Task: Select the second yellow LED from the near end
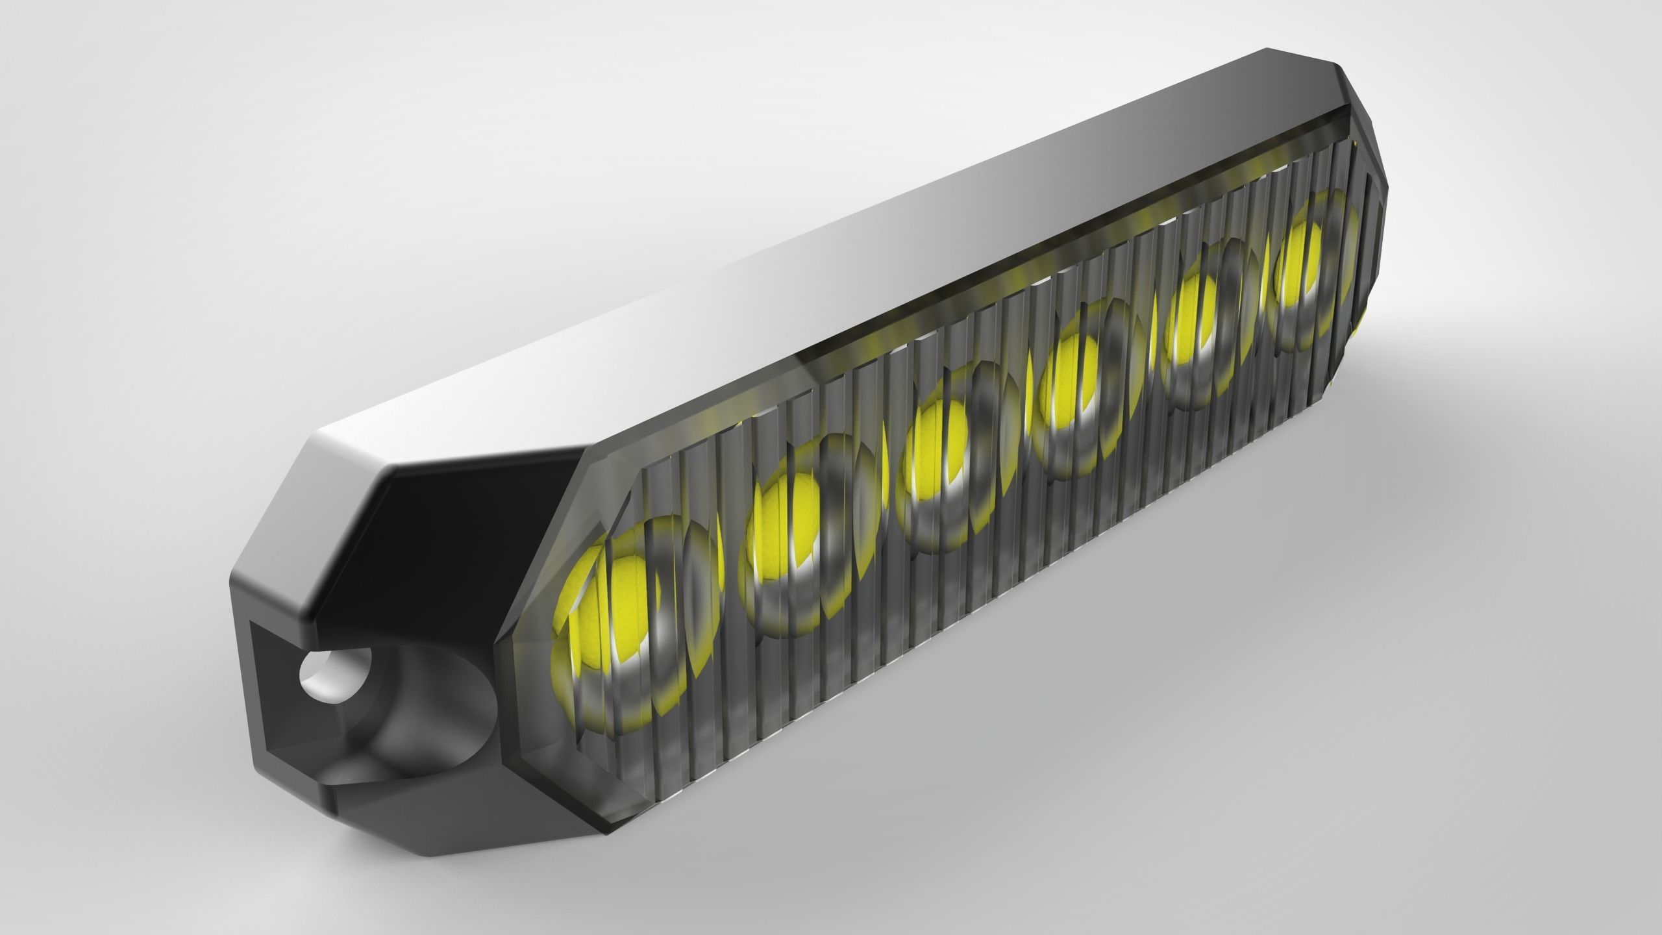[x=779, y=519]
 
